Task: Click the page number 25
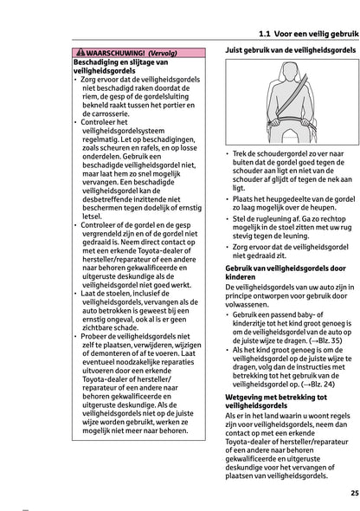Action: tap(348, 492)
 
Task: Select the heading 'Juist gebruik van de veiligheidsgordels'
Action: tap(291, 52)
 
